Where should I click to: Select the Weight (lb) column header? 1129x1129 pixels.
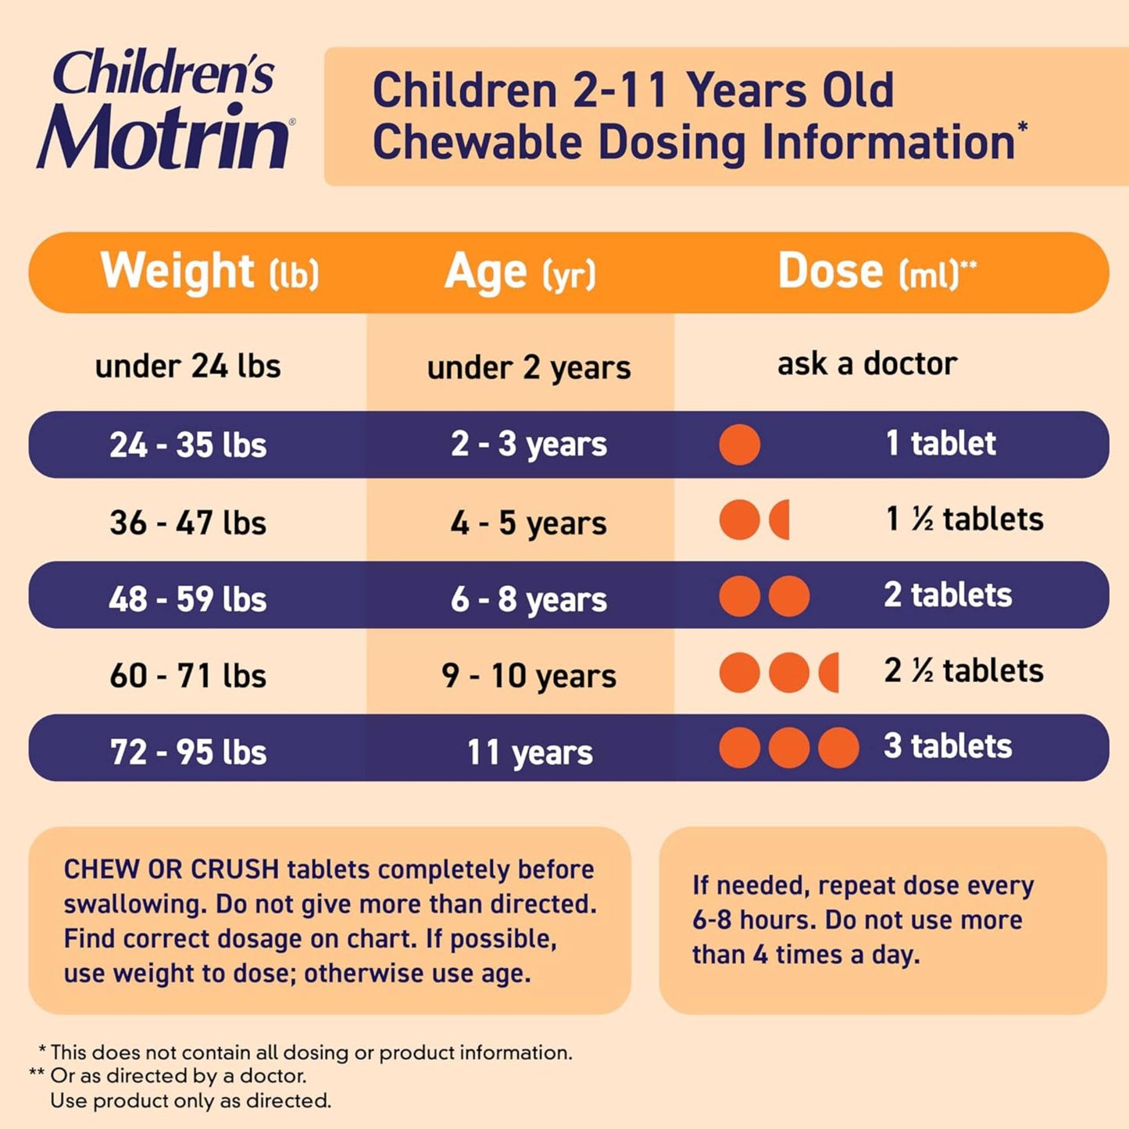coord(209,273)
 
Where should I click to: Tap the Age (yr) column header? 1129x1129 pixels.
coord(520,273)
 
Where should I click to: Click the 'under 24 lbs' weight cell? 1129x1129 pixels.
coord(188,366)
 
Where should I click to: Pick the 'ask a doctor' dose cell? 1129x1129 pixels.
coord(866,364)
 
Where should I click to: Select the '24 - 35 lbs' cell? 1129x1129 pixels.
coord(188,445)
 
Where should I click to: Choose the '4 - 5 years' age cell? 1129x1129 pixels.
coord(528,523)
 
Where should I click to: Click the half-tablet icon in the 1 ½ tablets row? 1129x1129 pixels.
coord(781,520)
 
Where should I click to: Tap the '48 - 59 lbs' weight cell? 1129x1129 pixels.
coord(188,599)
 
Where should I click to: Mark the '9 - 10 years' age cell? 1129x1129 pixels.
coord(528,676)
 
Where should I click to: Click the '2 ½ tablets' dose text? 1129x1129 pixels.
coord(963,671)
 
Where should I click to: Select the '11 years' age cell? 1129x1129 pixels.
coord(530,752)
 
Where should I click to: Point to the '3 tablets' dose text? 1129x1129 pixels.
coord(948,746)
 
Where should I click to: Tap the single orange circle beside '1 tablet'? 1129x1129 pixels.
coord(739,445)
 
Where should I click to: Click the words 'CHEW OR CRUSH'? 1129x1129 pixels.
coord(171,869)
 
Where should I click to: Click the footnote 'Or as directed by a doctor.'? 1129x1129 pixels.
coord(178,1076)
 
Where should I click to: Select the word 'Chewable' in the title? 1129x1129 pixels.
coord(477,143)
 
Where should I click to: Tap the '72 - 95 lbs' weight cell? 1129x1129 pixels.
coord(188,752)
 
